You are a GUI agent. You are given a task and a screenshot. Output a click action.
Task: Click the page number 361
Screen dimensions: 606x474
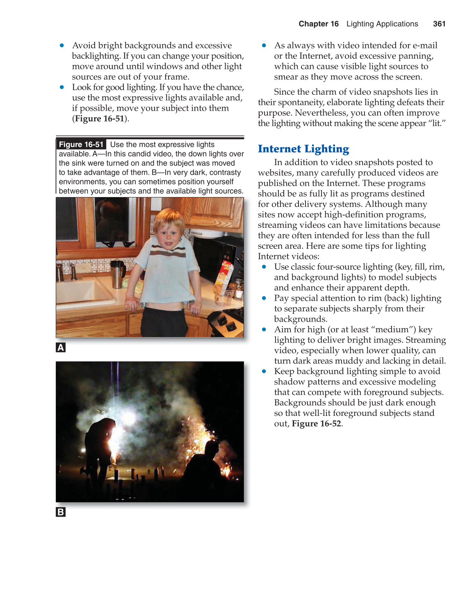(439, 24)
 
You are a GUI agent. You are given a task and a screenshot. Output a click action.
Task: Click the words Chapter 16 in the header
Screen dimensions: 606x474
(319, 24)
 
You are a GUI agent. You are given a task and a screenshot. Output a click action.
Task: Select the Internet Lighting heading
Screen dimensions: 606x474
(303, 149)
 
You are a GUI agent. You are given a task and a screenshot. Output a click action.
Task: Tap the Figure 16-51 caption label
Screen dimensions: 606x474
(81, 144)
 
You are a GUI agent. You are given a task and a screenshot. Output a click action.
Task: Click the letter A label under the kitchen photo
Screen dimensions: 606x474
(61, 348)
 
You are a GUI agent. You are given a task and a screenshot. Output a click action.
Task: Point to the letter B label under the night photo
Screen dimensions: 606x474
(61, 512)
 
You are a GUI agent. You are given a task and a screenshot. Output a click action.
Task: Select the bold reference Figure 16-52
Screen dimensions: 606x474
(316, 424)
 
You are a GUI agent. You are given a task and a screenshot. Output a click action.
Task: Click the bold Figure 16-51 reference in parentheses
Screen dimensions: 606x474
(100, 119)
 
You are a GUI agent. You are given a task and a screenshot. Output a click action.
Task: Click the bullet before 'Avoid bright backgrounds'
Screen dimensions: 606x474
(62, 45)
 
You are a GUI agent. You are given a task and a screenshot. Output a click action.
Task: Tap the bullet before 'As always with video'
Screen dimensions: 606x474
(264, 45)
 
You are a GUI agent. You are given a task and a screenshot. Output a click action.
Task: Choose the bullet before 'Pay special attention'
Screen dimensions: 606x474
(264, 298)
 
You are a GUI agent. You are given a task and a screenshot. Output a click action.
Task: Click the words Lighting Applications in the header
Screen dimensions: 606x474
(382, 24)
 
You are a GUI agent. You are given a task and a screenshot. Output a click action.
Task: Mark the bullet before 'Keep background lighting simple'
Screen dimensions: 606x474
(264, 371)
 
